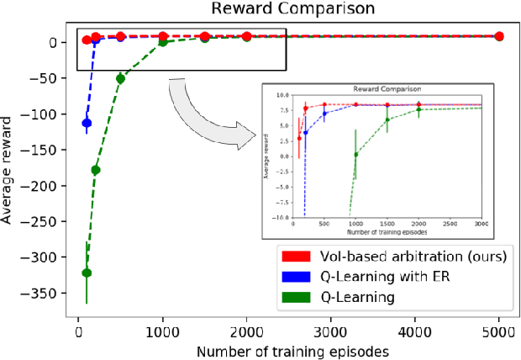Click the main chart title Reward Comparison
coord(287,8)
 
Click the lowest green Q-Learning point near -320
coord(87,273)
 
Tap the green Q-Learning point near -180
coord(95,170)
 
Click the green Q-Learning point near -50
coord(120,78)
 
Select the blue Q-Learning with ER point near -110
coord(87,123)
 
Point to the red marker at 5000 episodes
coord(498,36)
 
